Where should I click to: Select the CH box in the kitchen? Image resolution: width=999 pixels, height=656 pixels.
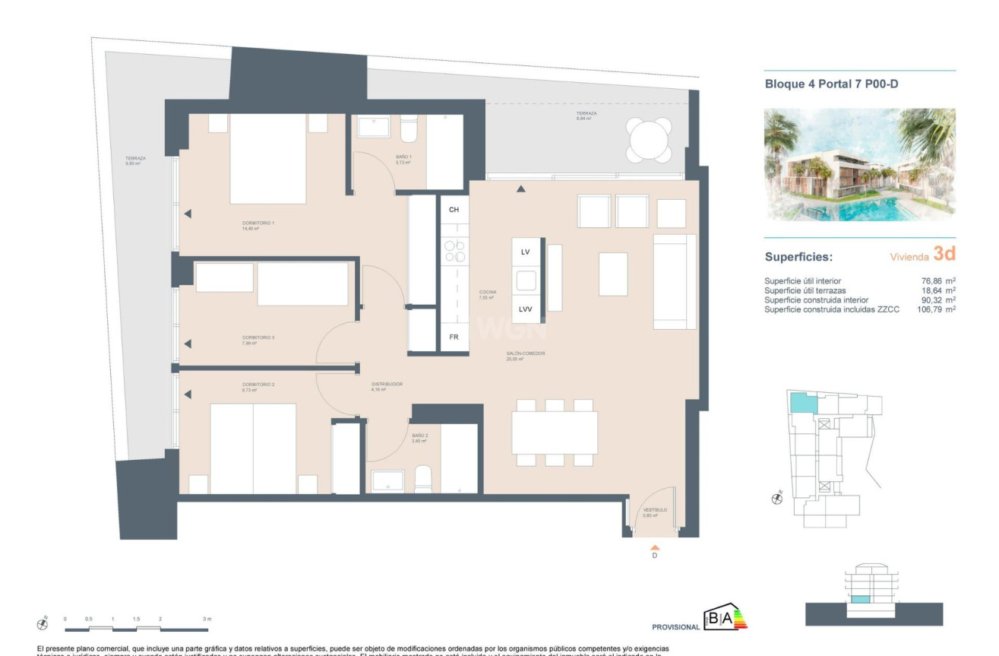point(454,210)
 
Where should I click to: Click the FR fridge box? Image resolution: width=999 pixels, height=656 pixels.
point(454,336)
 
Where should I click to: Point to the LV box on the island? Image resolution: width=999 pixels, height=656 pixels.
point(525,252)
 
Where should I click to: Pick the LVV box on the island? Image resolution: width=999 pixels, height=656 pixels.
point(525,309)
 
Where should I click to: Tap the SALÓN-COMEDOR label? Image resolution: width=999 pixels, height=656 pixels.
point(526,354)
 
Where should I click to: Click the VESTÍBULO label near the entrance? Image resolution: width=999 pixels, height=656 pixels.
point(655,511)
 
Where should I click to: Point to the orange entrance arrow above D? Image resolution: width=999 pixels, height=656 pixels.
point(655,547)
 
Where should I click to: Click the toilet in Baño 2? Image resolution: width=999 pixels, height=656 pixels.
point(423,480)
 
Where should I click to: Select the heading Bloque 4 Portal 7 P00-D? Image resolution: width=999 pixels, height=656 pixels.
point(831,84)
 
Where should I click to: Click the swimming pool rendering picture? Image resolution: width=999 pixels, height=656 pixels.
point(859,163)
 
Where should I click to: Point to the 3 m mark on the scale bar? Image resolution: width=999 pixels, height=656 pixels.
point(207,620)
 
